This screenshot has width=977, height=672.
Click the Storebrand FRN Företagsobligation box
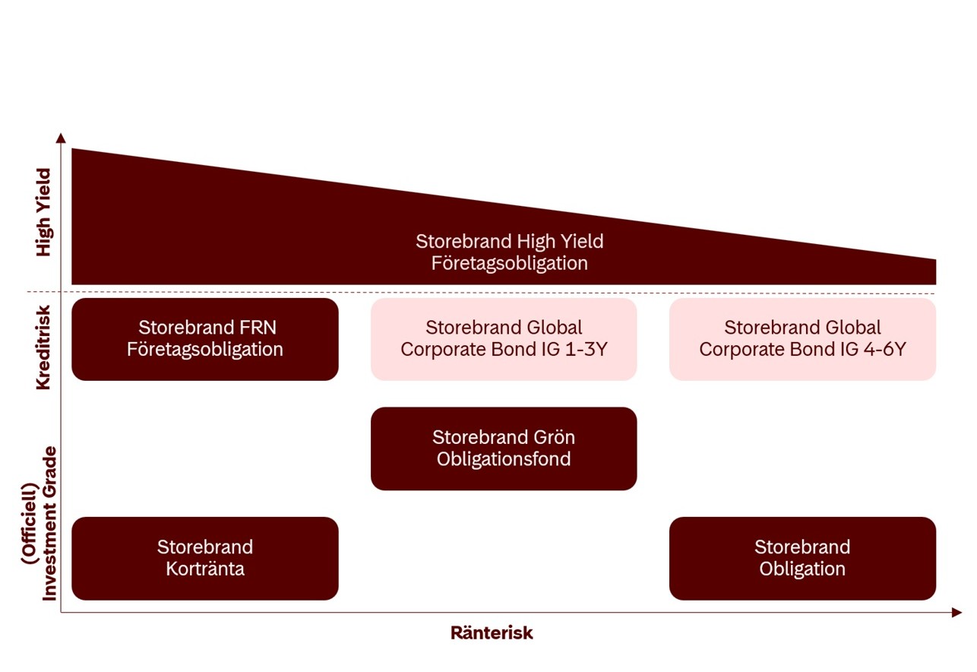(x=204, y=339)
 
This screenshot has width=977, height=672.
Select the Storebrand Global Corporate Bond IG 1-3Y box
(x=503, y=339)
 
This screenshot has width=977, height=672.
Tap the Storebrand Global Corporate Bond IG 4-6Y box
(x=802, y=339)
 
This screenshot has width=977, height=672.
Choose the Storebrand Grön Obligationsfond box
(x=503, y=449)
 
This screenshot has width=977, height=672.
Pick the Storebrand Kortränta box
(x=204, y=558)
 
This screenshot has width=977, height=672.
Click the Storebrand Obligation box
(x=802, y=558)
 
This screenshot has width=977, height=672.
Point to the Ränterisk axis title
(x=492, y=633)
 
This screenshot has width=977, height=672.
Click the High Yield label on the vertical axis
(x=43, y=212)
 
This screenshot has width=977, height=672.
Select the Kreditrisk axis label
(x=43, y=347)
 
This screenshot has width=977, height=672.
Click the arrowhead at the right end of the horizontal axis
(x=956, y=612)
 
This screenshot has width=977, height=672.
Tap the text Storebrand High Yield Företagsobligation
(x=509, y=252)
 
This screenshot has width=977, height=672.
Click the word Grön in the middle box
(x=558, y=438)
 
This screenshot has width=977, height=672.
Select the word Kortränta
(x=204, y=569)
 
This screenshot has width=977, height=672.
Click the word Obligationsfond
(x=503, y=460)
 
